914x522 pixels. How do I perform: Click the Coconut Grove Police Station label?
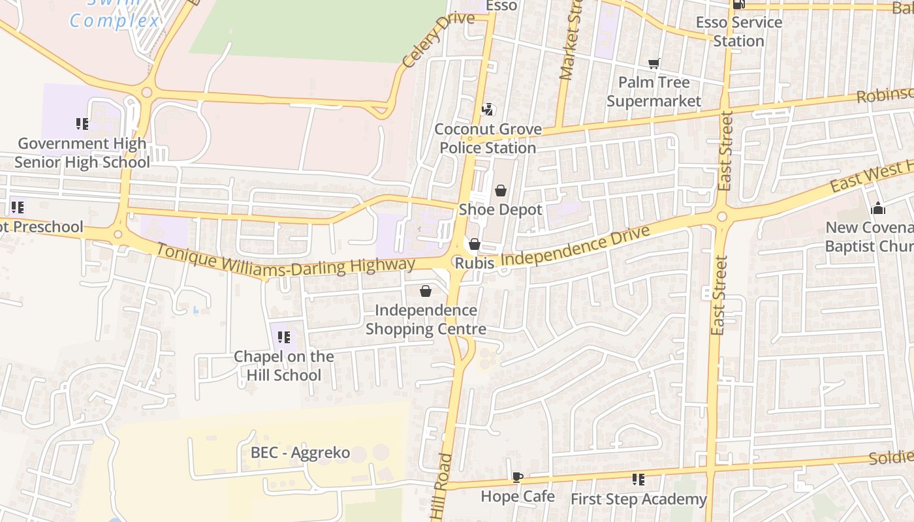488,138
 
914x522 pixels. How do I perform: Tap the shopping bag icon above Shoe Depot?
500,191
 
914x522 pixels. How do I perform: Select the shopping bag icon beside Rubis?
475,244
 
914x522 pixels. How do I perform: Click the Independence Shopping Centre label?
426,319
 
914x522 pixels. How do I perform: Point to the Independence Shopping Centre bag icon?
426,291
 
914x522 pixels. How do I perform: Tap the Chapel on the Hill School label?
284,365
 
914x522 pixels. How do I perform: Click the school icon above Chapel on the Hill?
284,337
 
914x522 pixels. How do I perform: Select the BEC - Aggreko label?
300,453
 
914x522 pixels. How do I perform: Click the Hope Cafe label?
518,497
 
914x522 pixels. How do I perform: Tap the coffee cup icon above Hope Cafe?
517,477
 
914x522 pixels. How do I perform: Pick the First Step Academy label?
638,499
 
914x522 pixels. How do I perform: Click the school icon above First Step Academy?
638,480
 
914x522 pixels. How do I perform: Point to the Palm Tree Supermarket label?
654,91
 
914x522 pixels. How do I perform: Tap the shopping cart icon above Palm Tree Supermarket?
654,63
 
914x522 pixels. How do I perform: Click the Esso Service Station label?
738,31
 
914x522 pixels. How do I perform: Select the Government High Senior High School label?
82,153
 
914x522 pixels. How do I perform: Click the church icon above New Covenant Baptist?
878,208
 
